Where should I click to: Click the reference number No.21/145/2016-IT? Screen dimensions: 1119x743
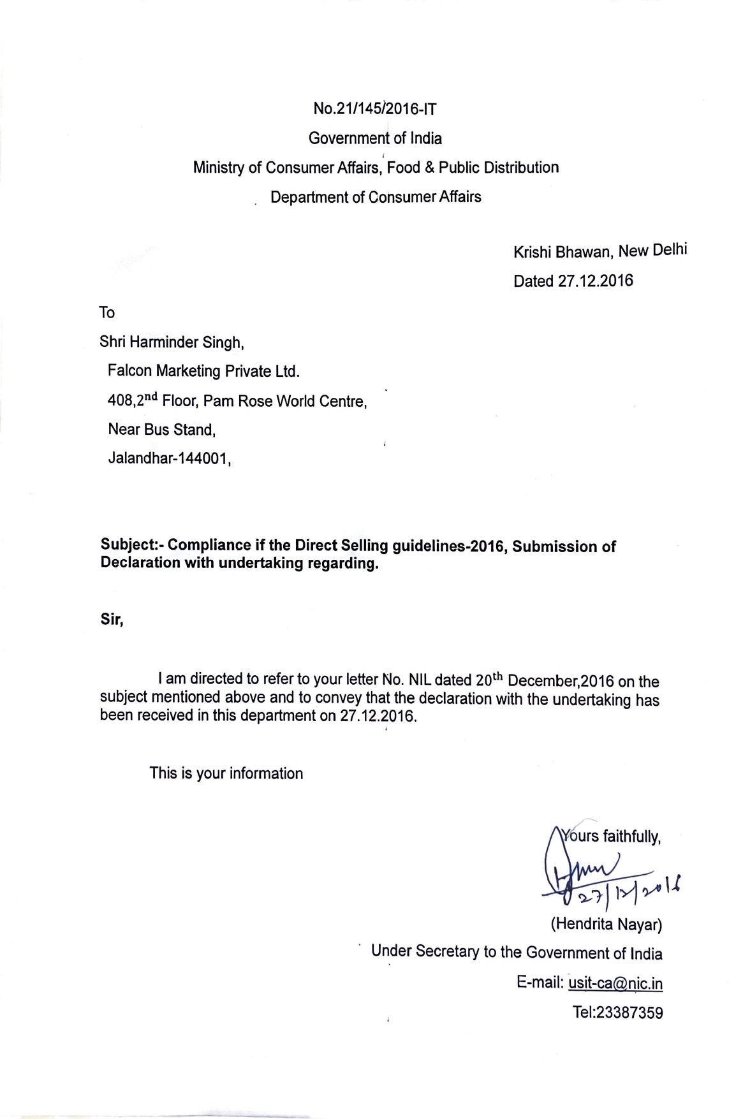coord(374,109)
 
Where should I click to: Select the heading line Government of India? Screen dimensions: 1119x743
coord(375,138)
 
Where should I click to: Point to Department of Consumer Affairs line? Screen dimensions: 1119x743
coord(376,197)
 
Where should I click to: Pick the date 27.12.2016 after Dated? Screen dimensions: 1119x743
coord(596,281)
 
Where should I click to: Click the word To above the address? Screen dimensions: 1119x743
coord(107,312)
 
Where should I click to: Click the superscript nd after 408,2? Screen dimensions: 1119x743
coord(150,397)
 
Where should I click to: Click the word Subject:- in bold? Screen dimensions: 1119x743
coord(131,546)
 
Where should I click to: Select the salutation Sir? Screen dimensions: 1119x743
coord(112,619)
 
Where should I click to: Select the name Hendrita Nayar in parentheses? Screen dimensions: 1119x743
coord(606,924)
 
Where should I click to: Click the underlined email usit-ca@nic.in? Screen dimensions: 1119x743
coord(615,983)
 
